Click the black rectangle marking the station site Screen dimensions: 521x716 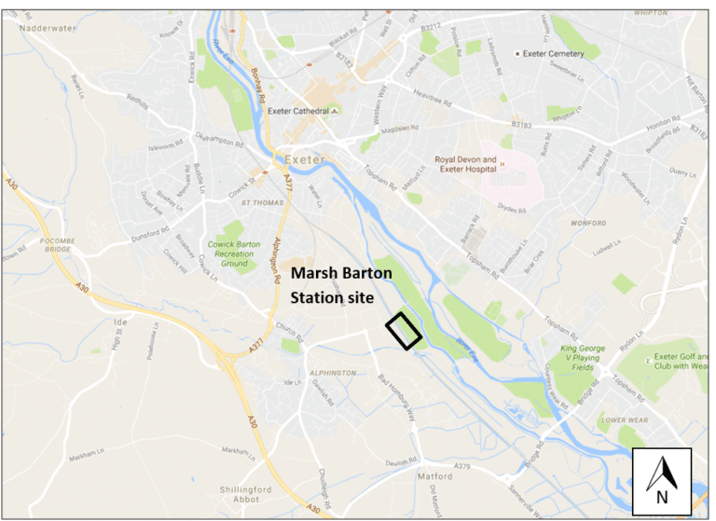[404, 331]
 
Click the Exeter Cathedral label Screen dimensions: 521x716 [299, 111]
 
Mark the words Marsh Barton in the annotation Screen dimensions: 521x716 [341, 275]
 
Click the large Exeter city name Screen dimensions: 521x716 [305, 159]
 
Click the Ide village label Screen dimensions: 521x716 [118, 322]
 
